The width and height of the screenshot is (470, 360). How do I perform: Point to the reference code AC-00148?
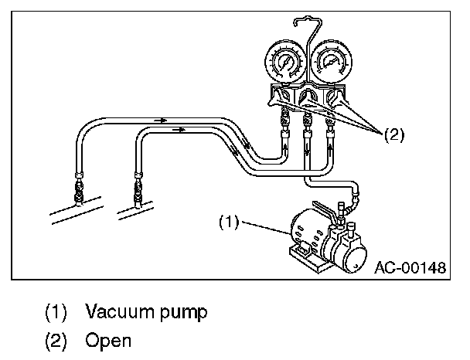pyautogui.click(x=410, y=268)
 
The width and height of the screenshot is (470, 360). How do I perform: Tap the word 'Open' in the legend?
pyautogui.click(x=108, y=340)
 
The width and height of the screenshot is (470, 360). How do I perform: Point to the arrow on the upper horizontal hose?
pyautogui.click(x=161, y=121)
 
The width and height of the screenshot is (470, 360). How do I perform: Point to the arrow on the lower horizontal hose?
pyautogui.click(x=180, y=130)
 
